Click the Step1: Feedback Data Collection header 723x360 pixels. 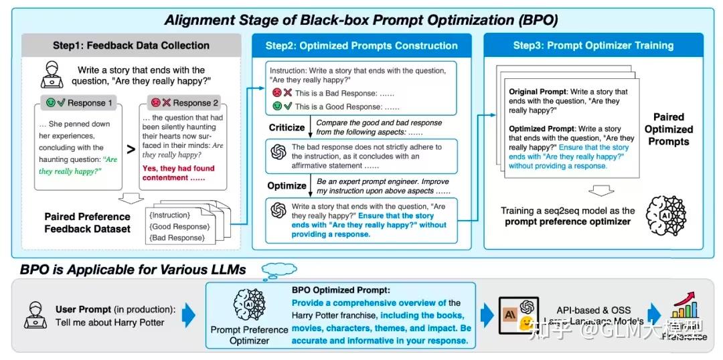point(131,46)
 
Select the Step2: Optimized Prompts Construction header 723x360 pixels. point(361,46)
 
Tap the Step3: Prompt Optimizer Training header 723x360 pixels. point(593,46)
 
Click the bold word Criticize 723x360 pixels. point(287,126)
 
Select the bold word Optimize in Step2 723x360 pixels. point(287,185)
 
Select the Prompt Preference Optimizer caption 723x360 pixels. point(249,335)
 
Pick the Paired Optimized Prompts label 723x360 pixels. point(669,129)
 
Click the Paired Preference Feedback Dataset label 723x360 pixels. point(88,223)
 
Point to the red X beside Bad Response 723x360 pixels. point(287,94)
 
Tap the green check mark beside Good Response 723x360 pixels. point(287,106)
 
